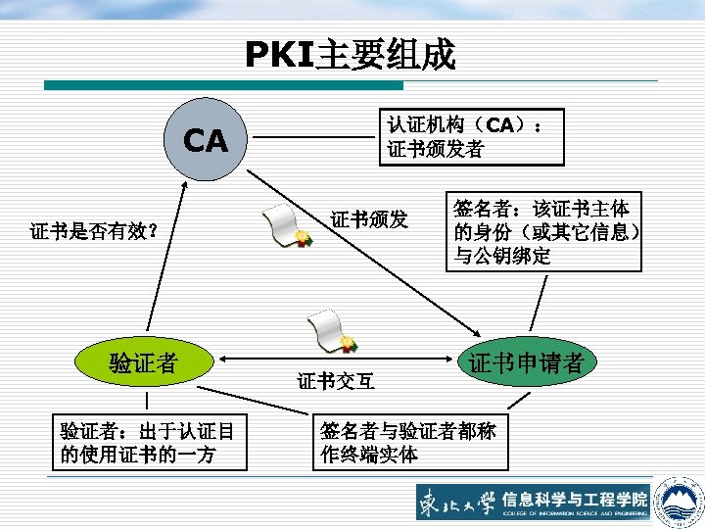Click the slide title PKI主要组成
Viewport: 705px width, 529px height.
tap(351, 55)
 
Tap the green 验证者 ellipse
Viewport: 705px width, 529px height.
tap(144, 362)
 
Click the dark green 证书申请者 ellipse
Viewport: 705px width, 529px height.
tap(526, 361)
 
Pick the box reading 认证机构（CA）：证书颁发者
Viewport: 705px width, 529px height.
tap(475, 137)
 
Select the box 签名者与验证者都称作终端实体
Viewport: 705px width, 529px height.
tap(409, 442)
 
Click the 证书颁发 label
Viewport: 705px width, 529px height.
tap(369, 218)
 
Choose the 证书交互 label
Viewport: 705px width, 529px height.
tap(334, 380)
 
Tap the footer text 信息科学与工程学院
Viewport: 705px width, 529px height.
tap(575, 498)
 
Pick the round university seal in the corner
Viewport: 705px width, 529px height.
tap(679, 499)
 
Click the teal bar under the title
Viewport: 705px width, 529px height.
tap(225, 86)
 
